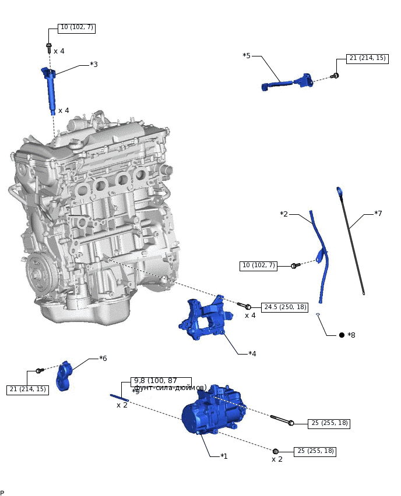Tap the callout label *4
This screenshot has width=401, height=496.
click(x=252, y=353)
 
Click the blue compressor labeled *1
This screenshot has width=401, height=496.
click(x=207, y=410)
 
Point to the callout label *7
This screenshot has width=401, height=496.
click(x=378, y=214)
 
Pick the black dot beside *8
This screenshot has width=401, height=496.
click(x=342, y=335)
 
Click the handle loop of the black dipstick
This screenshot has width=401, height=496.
click(x=339, y=191)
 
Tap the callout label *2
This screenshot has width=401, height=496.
click(x=284, y=214)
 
